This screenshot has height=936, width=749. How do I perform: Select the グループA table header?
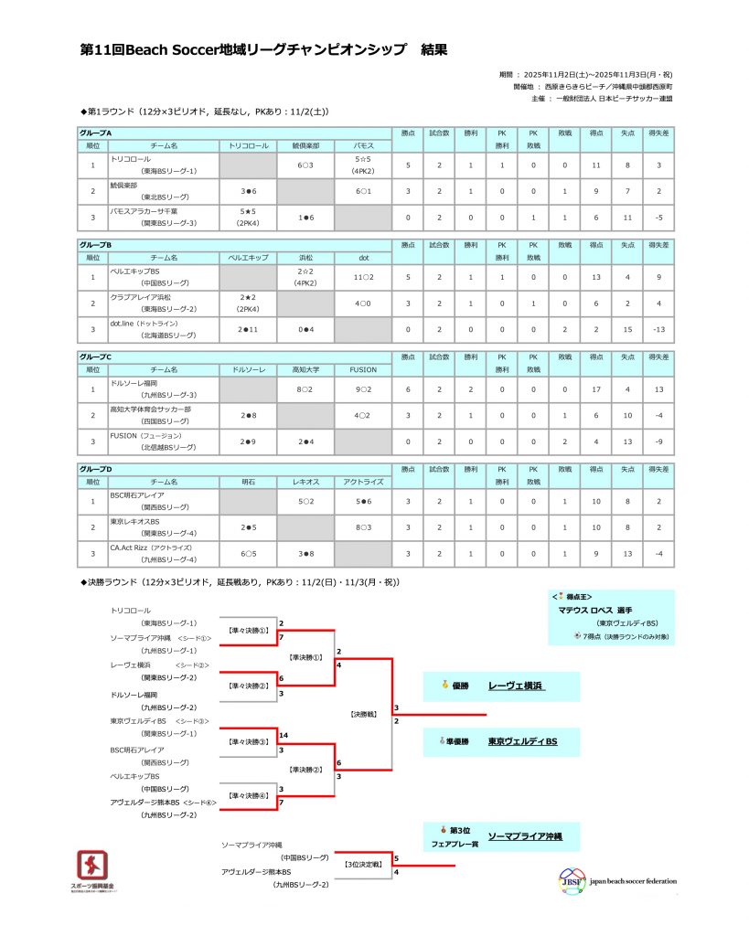tap(97, 133)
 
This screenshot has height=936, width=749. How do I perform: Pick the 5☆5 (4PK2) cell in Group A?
tap(363, 165)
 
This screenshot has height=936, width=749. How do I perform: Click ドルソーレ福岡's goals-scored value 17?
tap(596, 388)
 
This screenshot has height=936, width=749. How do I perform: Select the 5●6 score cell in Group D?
tap(363, 501)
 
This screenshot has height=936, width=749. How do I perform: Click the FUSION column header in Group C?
tap(363, 369)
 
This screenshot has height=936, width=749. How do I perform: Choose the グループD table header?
tap(97, 469)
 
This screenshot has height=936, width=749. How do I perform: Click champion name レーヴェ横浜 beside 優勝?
tap(516, 685)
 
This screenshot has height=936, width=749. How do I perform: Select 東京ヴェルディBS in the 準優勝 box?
tap(522, 740)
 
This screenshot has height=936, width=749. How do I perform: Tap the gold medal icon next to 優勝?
tap(445, 685)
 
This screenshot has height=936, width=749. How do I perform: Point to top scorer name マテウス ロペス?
tap(595, 610)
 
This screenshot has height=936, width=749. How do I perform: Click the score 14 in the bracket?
tap(285, 735)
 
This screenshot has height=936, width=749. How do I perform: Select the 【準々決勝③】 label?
tap(248, 741)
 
